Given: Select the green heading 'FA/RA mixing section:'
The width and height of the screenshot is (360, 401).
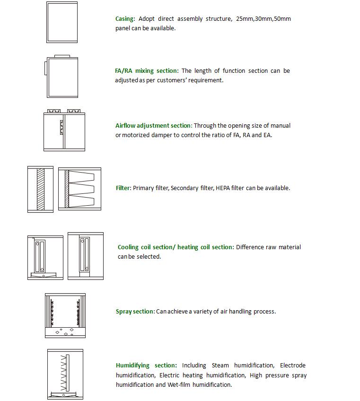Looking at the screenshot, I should coord(147,71).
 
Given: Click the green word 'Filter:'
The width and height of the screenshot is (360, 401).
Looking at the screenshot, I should coord(123,188).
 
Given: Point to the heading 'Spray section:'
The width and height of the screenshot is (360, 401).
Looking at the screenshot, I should coord(135,312).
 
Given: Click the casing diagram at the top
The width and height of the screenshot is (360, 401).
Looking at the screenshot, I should coord(62,22).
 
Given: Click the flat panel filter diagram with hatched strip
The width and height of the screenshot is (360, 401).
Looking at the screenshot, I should coord(40,189).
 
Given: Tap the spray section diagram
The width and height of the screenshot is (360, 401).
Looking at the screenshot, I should coord(65,315).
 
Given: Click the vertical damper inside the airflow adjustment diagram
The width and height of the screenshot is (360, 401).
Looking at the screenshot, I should coord(61,127).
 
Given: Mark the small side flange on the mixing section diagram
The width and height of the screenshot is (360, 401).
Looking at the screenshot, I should coord(45,67).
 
